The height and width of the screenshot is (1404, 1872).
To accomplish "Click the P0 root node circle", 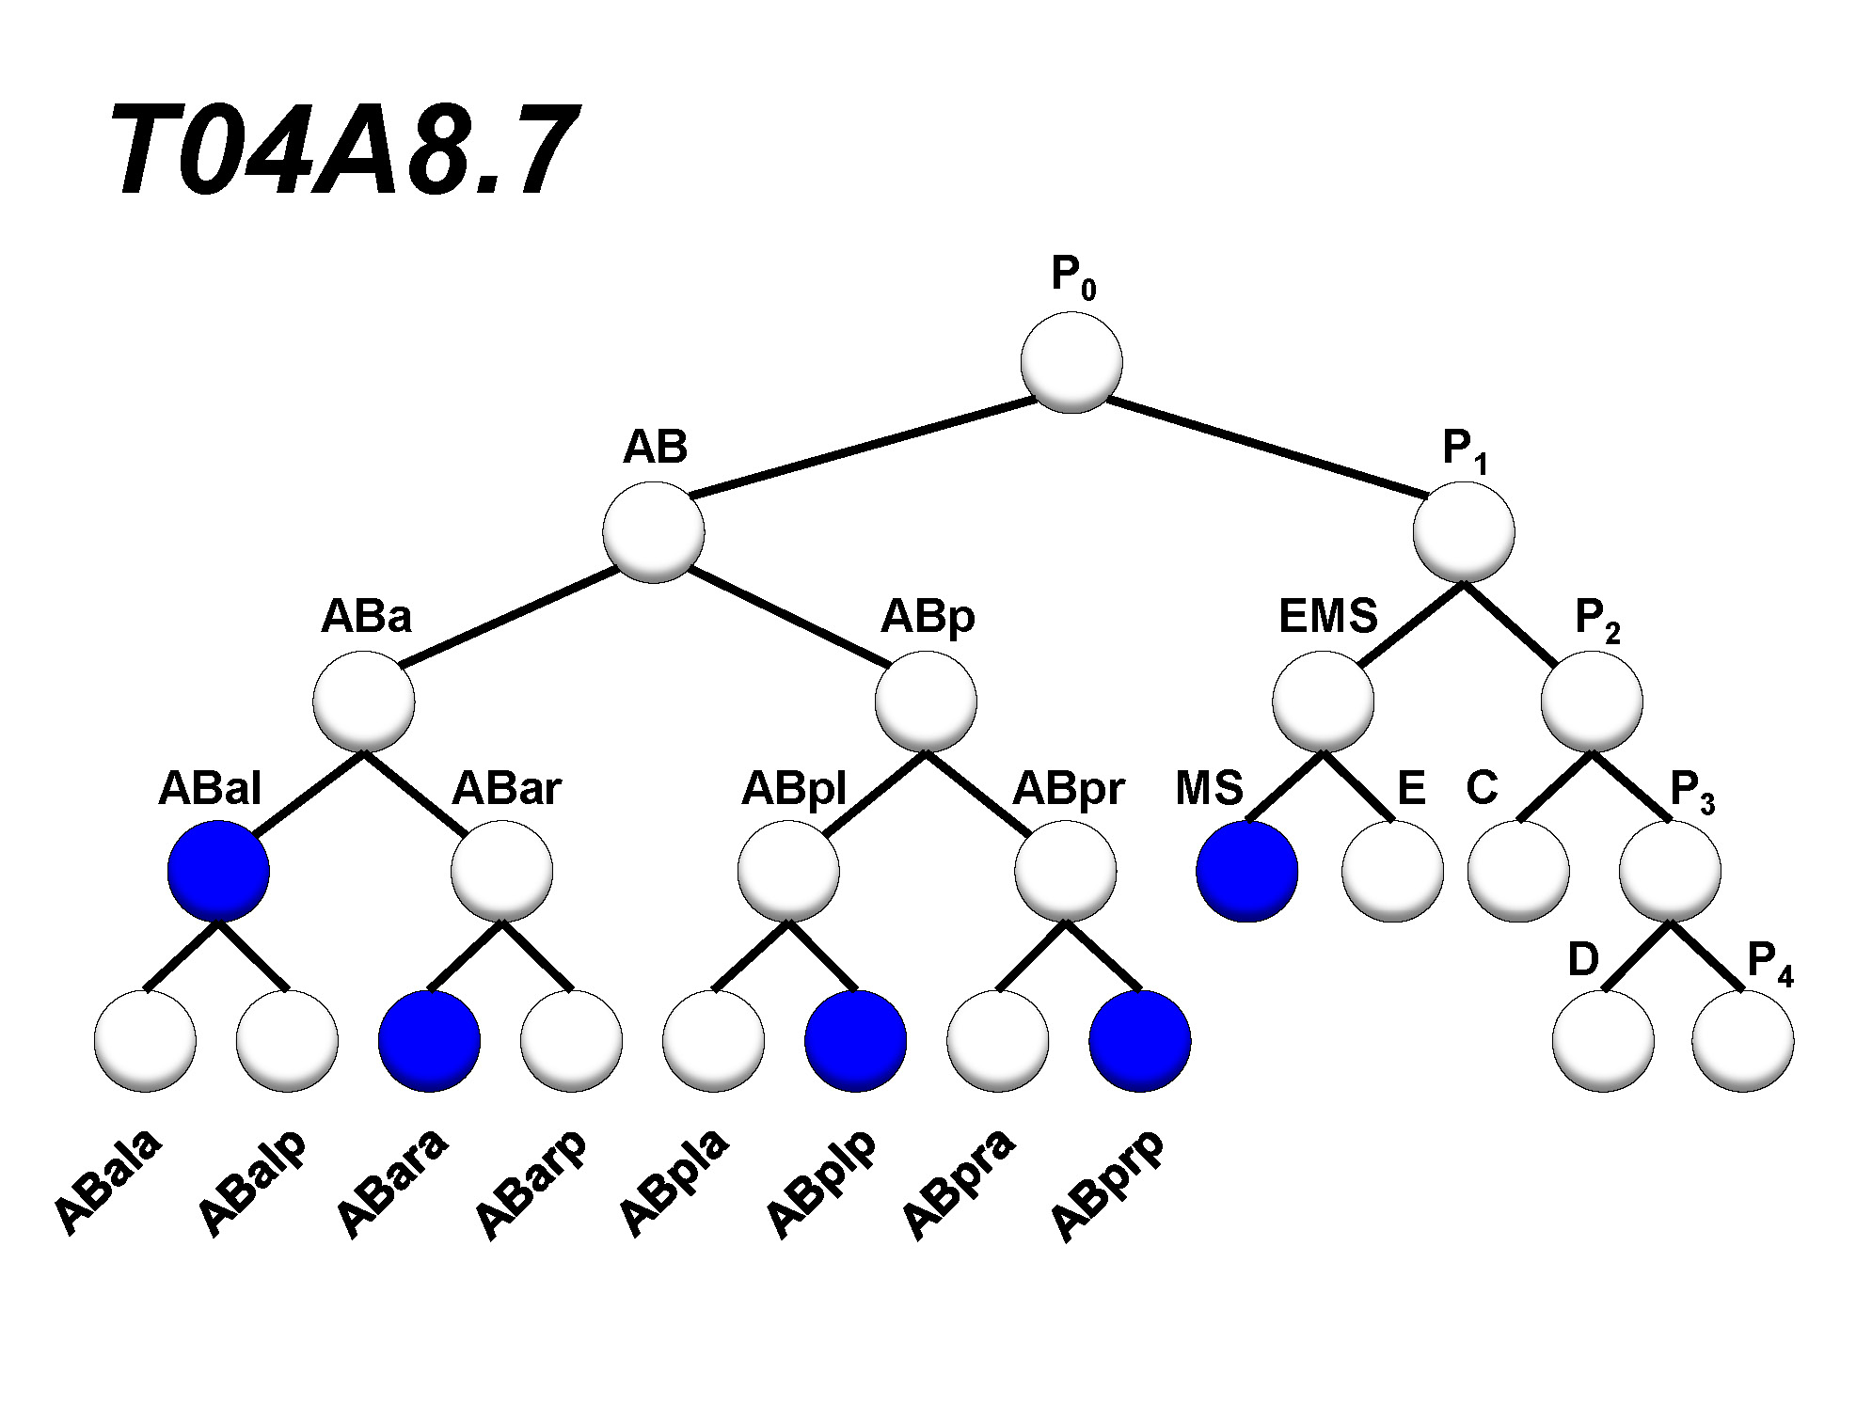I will coord(1071,362).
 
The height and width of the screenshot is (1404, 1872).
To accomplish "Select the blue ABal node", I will coord(218,871).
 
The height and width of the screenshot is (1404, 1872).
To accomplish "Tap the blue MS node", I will coord(1246,871).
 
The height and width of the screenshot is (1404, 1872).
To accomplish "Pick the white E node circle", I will coord(1392,871).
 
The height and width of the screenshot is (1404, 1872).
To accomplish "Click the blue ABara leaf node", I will coord(429,1041).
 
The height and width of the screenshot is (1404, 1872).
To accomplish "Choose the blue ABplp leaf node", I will coord(855,1041).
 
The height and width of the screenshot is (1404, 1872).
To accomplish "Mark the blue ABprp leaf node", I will coord(1140,1041).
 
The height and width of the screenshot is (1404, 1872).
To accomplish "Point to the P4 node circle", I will coord(1742,1041).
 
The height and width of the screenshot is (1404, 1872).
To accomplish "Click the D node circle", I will coord(1603,1041).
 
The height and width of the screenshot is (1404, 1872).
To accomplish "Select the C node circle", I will coord(1518,871).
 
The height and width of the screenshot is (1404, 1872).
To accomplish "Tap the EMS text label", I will coord(1327,617).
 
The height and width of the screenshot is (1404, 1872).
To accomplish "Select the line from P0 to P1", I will coord(1265,447).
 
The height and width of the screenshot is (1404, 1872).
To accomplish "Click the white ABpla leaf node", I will coord(713,1041).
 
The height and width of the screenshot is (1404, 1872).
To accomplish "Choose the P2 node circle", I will coord(1592,701).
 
